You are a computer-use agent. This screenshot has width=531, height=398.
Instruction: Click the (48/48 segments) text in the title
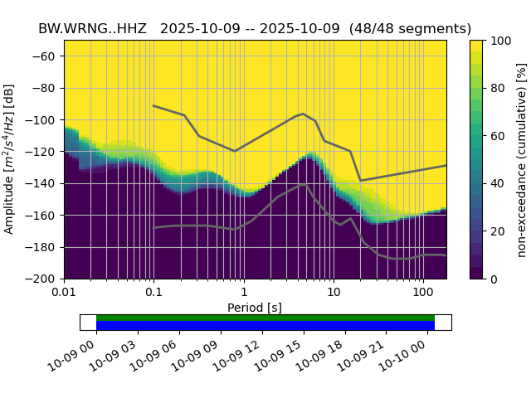pos(410,28)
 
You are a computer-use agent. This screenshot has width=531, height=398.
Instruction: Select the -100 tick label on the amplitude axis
pos(41,120)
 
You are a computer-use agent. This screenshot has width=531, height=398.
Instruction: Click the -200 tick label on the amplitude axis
pos(41,279)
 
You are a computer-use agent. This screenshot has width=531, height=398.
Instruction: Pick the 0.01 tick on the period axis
pos(64,294)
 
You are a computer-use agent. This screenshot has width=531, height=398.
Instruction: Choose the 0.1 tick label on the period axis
pos(153,294)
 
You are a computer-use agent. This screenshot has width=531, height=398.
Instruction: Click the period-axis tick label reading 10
pos(333,294)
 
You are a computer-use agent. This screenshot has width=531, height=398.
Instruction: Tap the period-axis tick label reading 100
pos(423,294)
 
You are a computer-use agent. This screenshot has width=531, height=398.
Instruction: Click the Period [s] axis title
pos(256,308)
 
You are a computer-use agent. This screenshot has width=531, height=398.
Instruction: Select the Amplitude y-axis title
pos(10,159)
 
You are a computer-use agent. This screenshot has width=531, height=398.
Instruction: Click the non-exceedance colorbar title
pos(521,159)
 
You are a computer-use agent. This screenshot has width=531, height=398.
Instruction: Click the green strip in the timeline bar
pos(265,318)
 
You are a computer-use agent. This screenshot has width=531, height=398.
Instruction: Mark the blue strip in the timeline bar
pos(265,326)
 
